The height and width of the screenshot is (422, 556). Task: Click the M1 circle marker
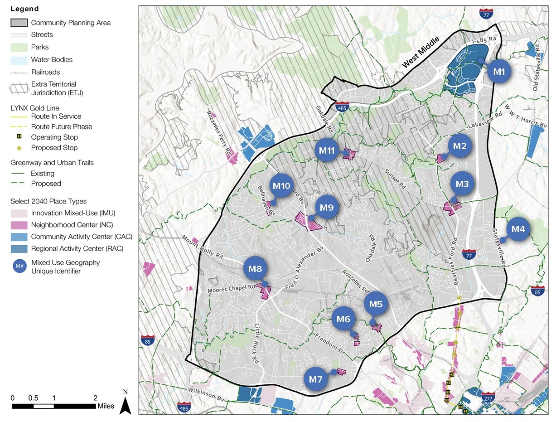pyautogui.click(x=499, y=71)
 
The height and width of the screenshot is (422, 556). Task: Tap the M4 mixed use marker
pyautogui.click(x=518, y=229)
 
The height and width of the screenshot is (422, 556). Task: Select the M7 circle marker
pyautogui.click(x=316, y=379)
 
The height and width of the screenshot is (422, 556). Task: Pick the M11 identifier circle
pyautogui.click(x=327, y=150)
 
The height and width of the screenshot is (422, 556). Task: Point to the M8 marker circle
pyautogui.click(x=256, y=269)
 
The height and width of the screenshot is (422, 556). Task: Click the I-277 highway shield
pyautogui.click(x=488, y=397)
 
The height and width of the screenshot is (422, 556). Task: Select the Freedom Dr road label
pyautogui.click(x=329, y=343)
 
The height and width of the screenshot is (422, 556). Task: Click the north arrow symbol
pyautogui.click(x=126, y=403)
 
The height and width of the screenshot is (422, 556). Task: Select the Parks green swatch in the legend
pyautogui.click(x=19, y=47)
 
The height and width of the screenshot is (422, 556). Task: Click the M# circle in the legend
pyautogui.click(x=19, y=267)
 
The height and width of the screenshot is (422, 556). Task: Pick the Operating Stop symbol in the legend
pyautogui.click(x=19, y=137)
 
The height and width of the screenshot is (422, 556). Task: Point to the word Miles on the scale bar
pyautogui.click(x=106, y=406)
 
